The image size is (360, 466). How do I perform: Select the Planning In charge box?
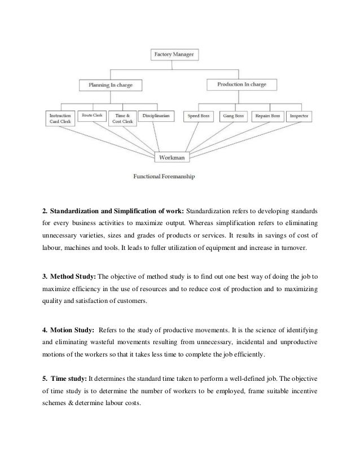(x=110, y=86)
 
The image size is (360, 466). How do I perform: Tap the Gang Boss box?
(x=232, y=116)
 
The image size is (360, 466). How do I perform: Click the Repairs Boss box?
(x=267, y=116)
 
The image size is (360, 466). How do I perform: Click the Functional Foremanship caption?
(x=164, y=176)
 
